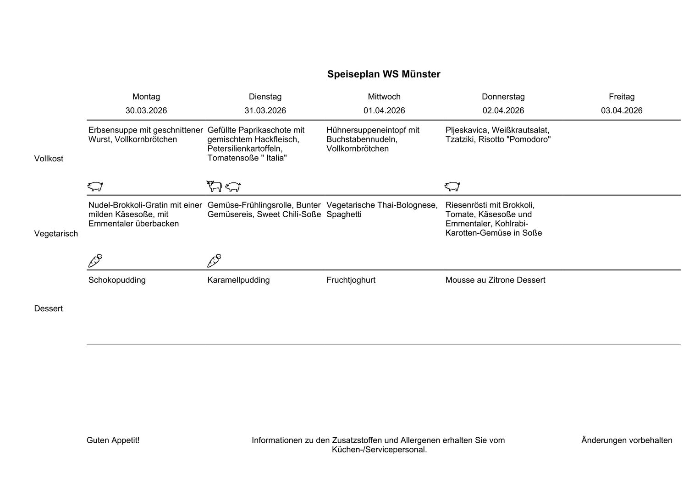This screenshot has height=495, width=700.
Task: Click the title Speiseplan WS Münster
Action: point(384,74)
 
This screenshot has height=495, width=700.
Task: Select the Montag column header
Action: point(146,97)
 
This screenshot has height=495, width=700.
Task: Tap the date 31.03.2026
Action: point(265,110)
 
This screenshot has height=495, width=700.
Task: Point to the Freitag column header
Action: point(622,97)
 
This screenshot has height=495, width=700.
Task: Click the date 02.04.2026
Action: point(503,110)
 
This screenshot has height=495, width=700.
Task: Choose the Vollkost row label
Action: point(49,159)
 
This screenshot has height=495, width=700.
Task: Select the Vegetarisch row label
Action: point(56,234)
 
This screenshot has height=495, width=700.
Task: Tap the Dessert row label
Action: point(48,308)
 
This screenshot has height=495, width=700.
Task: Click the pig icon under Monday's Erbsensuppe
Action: point(95,186)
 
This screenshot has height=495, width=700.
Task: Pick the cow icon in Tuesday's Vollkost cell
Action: point(214,186)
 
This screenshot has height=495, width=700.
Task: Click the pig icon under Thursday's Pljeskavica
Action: point(452,186)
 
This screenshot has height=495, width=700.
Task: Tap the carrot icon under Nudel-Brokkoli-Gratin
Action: point(95,261)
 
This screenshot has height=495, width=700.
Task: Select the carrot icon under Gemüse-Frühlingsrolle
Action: point(214,261)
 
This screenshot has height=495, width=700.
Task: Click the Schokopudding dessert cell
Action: point(117,280)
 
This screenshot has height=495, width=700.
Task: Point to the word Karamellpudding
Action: point(238,280)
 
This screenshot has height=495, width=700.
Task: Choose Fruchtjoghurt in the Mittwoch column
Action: point(351,280)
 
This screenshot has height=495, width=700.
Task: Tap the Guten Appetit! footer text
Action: point(113,440)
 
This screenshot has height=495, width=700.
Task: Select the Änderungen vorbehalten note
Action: point(627,440)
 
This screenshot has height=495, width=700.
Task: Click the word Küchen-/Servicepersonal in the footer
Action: point(379,450)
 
